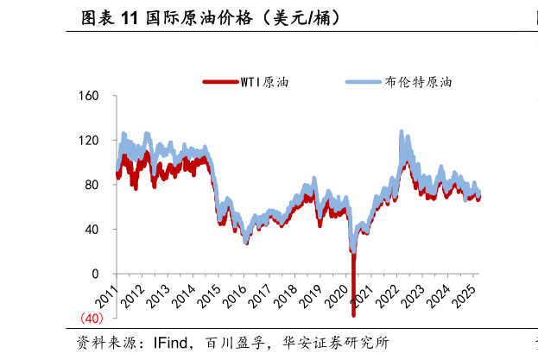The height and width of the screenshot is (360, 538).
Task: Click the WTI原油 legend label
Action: click(266, 83)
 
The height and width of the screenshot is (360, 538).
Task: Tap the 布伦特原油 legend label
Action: click(418, 83)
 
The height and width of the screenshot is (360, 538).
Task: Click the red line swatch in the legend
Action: click(219, 83)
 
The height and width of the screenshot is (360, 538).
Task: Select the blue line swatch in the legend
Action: click(363, 83)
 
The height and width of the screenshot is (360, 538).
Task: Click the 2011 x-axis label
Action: click(105, 298)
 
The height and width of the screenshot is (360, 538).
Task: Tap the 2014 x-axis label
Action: click(183, 298)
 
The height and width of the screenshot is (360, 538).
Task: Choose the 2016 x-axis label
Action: click(235, 298)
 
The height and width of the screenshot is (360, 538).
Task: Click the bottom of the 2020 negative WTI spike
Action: click(354, 316)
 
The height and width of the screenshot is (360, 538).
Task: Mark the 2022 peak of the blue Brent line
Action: click(402, 131)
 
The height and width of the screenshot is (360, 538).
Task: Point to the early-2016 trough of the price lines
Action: click(246, 243)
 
